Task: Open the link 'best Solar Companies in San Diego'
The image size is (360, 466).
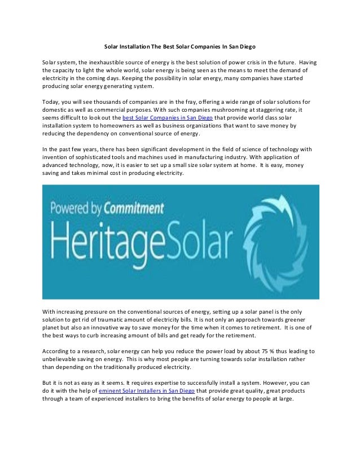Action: (168, 117)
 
